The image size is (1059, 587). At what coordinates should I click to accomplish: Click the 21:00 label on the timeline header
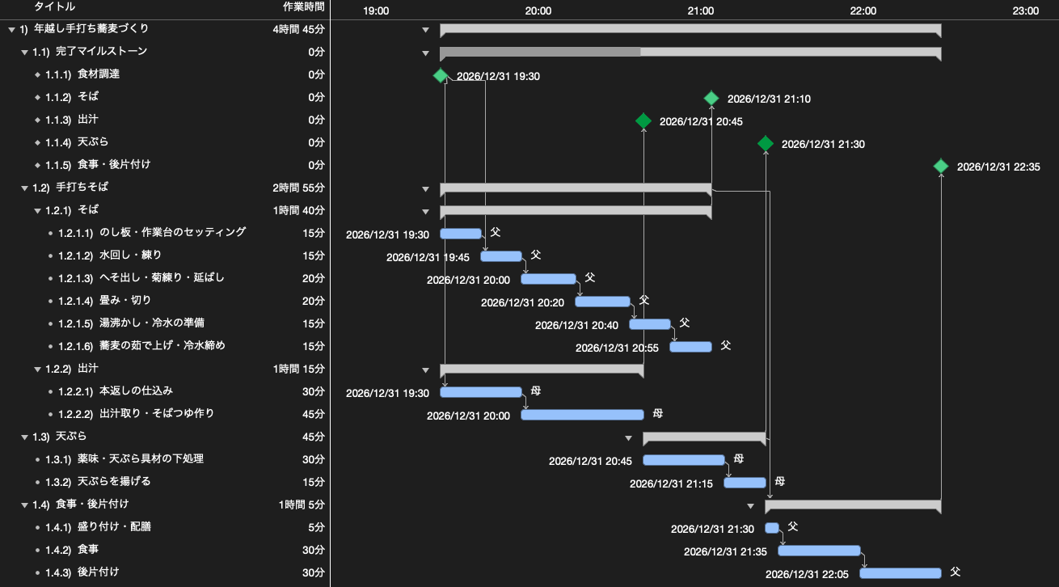[x=700, y=11]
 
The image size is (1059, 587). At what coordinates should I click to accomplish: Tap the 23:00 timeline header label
[x=1025, y=11]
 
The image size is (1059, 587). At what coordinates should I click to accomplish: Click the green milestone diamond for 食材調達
[x=441, y=76]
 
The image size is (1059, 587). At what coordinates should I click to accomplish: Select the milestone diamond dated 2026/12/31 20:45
[x=643, y=121]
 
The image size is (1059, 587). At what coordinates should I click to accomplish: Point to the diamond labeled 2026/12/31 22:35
[x=941, y=167]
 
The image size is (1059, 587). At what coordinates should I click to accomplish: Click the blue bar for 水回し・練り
[x=501, y=256]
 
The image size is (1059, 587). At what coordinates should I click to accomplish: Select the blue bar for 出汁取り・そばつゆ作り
[x=582, y=415]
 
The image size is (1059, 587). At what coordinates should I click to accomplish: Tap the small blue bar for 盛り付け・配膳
[x=772, y=528]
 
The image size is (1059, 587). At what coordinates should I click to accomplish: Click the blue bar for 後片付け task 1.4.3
[x=901, y=573]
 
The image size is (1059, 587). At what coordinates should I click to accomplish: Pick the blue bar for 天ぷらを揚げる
[x=745, y=483]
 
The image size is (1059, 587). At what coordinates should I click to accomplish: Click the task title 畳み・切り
[x=125, y=300]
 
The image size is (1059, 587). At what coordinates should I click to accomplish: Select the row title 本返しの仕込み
[x=136, y=391]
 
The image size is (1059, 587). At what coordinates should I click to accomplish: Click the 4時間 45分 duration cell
[x=299, y=29]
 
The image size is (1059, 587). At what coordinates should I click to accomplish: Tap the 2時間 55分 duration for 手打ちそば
[x=299, y=188]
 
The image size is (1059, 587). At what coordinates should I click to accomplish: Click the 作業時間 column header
[x=303, y=6]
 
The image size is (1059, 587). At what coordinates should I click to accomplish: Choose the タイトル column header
[x=54, y=6]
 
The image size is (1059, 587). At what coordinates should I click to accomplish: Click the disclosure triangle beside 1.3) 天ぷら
[x=24, y=437]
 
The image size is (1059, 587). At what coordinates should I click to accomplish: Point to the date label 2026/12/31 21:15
[x=671, y=484]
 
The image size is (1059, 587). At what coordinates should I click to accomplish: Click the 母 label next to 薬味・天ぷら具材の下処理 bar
[x=738, y=458]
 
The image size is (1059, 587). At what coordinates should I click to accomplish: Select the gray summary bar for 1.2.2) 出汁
[x=542, y=370]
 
